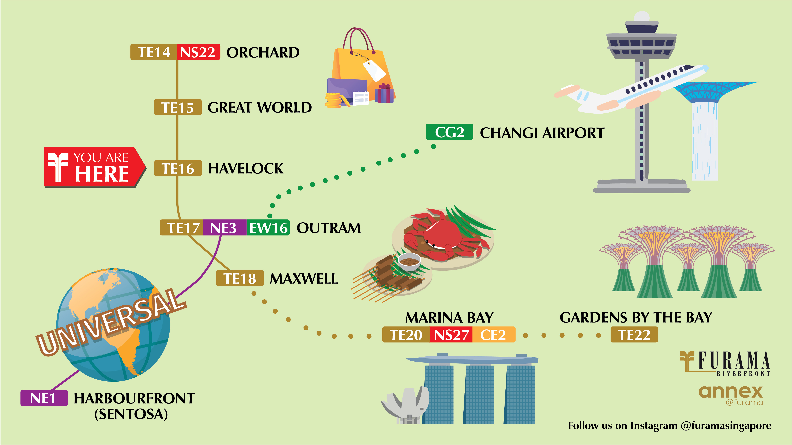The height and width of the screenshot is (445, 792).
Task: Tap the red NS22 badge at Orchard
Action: click(x=198, y=52)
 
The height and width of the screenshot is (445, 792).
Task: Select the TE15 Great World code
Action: click(x=178, y=108)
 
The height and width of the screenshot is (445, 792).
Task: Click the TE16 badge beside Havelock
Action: click(x=178, y=168)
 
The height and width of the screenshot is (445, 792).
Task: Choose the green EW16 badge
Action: click(x=268, y=228)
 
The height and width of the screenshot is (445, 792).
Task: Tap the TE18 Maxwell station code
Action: click(x=240, y=278)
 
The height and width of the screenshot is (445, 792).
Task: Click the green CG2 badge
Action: click(x=449, y=132)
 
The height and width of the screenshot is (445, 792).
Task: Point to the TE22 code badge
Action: click(x=634, y=334)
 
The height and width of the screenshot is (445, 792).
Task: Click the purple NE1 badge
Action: click(x=44, y=398)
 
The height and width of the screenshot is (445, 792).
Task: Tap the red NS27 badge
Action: click(x=451, y=334)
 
